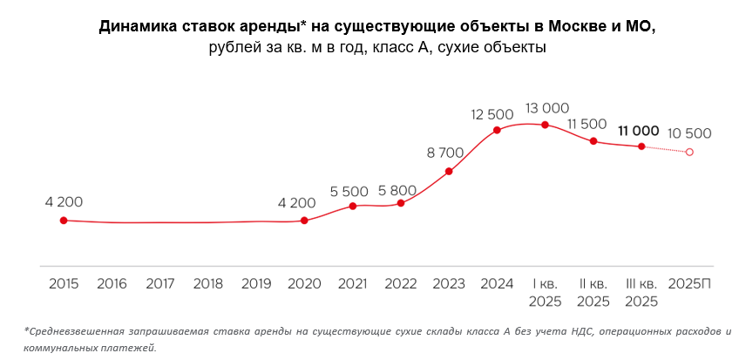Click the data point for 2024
(x=497, y=131)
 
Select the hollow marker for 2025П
(x=689, y=152)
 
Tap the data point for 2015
(x=64, y=221)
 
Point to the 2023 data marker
(x=449, y=172)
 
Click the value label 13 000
(x=546, y=108)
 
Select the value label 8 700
(x=445, y=153)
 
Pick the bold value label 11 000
(x=639, y=131)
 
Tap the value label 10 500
(x=689, y=133)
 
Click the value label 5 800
(x=397, y=190)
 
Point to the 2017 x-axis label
(x=160, y=283)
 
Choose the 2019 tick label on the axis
(x=256, y=283)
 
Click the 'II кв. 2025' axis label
(x=593, y=292)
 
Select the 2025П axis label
(x=689, y=283)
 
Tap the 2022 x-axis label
(x=401, y=283)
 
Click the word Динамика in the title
(x=135, y=26)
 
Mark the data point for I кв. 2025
(x=546, y=125)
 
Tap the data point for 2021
(x=353, y=207)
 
